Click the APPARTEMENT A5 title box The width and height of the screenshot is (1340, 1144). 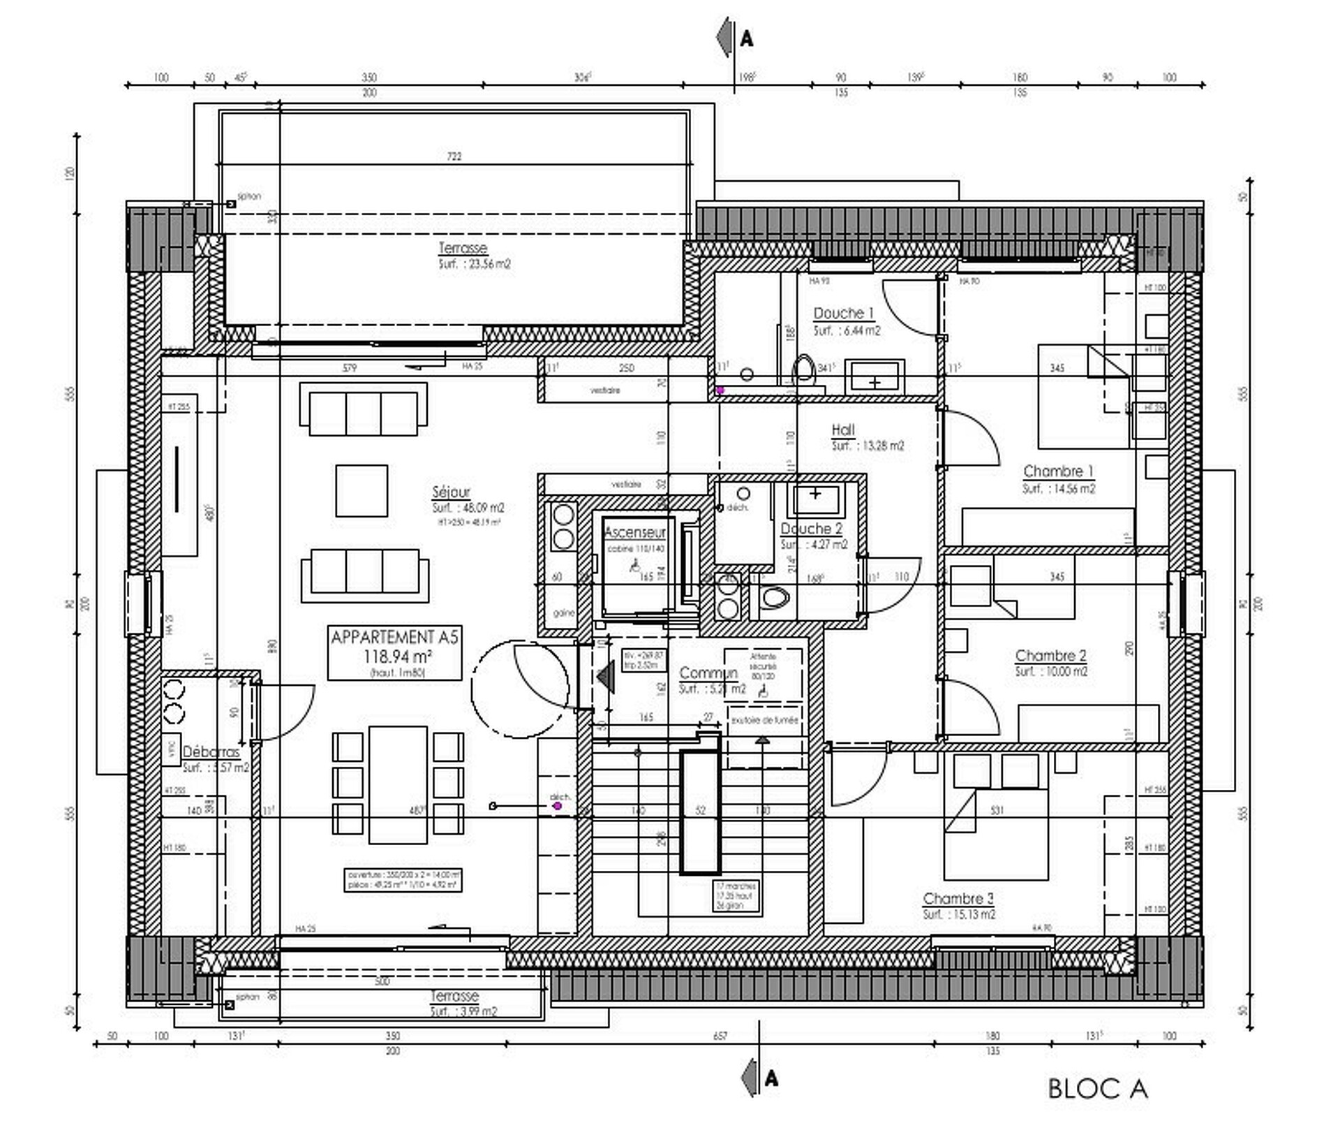(394, 652)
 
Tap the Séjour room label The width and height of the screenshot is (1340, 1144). (451, 492)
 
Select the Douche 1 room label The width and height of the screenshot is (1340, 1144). (843, 314)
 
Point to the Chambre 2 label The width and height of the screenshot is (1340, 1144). (1050, 655)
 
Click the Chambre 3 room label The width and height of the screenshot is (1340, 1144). (958, 898)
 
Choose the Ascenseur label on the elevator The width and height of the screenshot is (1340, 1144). (634, 532)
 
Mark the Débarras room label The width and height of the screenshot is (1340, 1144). (211, 752)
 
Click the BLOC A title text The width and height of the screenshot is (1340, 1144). (1097, 1088)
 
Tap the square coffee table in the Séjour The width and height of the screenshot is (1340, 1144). (362, 491)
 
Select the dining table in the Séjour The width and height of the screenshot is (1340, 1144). (398, 785)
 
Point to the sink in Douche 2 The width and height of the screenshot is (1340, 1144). (815, 497)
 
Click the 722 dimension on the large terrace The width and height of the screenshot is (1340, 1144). (454, 156)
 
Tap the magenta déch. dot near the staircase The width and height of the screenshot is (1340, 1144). (558, 806)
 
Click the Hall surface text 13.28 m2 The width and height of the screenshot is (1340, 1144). (868, 446)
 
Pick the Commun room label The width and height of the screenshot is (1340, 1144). (708, 673)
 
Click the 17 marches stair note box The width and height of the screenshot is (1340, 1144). (735, 895)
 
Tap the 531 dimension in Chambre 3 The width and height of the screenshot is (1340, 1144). (997, 810)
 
